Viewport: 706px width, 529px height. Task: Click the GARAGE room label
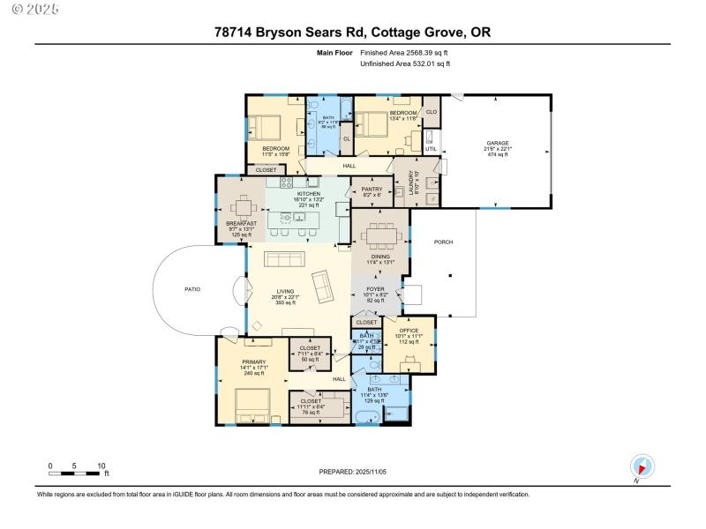[497, 143]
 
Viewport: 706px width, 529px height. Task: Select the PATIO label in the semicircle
[192, 288]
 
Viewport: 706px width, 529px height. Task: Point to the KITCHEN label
[308, 193]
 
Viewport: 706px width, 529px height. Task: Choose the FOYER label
[375, 289]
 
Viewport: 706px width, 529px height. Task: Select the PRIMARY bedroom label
[254, 361]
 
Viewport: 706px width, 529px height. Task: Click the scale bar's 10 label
[101, 466]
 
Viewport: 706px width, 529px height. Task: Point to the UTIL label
[431, 149]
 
